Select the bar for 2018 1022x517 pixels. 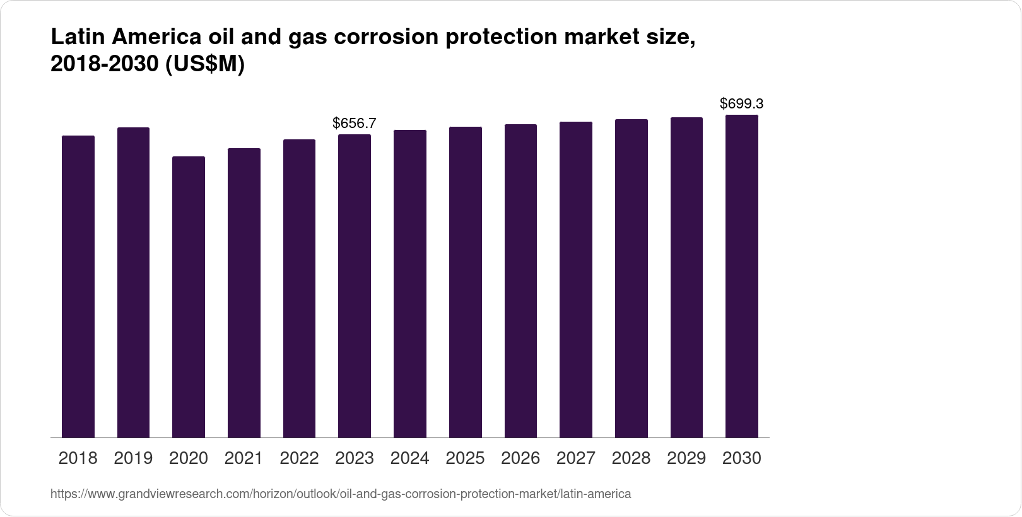pyautogui.click(x=78, y=287)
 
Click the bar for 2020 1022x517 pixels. pyautogui.click(x=189, y=297)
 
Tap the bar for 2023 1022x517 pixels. pyautogui.click(x=355, y=286)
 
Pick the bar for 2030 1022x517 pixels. pyautogui.click(x=742, y=276)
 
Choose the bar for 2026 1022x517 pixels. pyautogui.click(x=520, y=281)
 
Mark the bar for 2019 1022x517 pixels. pyautogui.click(x=133, y=282)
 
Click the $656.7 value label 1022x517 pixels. pyautogui.click(x=355, y=123)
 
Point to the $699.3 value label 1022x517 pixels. pyautogui.click(x=742, y=103)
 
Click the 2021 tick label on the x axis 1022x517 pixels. pyautogui.click(x=244, y=458)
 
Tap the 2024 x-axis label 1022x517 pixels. pyautogui.click(x=410, y=458)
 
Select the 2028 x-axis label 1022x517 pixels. pyautogui.click(x=631, y=458)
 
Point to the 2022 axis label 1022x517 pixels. pyautogui.click(x=299, y=458)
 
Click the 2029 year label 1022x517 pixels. pyautogui.click(x=686, y=458)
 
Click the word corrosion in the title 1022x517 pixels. pyautogui.click(x=385, y=38)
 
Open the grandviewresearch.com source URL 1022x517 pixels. pyautogui.click(x=341, y=494)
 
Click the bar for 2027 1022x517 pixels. pyautogui.click(x=576, y=280)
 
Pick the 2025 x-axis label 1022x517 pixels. pyautogui.click(x=465, y=458)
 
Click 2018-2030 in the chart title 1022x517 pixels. pyautogui.click(x=105, y=64)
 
